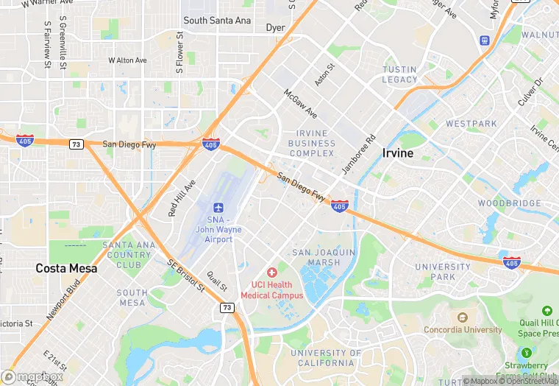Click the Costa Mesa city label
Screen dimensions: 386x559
click(x=66, y=269)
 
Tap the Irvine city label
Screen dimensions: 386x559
click(x=397, y=153)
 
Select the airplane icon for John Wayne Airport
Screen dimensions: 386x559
click(x=218, y=208)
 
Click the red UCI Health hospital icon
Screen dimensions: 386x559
click(x=272, y=273)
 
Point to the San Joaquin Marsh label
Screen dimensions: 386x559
click(x=324, y=257)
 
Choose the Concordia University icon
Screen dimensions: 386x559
click(x=462, y=317)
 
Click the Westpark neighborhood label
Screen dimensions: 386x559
click(x=471, y=123)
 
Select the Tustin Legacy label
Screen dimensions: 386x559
click(x=399, y=74)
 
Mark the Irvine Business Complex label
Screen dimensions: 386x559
click(x=312, y=144)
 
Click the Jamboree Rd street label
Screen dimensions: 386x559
click(x=357, y=154)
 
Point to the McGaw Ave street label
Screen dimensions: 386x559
click(x=301, y=104)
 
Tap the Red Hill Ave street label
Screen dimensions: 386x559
click(x=182, y=197)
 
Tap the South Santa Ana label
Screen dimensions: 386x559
click(x=217, y=21)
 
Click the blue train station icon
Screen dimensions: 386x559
click(x=485, y=40)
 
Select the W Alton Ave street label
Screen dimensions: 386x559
click(x=127, y=60)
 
